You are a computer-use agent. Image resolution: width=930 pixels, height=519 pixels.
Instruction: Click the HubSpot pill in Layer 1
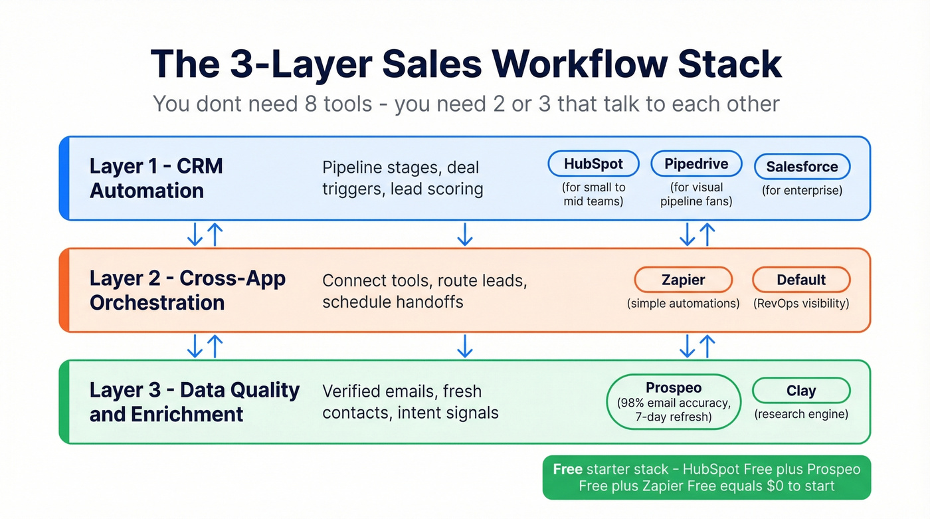coord(593,164)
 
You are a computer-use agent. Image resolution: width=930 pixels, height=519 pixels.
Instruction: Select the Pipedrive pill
coord(696,164)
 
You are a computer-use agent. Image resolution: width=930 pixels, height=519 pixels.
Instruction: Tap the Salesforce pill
coord(802,167)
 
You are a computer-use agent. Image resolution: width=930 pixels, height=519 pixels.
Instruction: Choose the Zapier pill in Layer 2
coord(683,280)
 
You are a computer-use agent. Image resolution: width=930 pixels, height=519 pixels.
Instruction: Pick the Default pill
coord(800,280)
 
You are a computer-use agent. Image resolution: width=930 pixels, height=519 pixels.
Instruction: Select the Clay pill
coord(800,391)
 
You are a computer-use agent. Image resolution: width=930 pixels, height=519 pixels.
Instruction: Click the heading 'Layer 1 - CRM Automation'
coord(155,178)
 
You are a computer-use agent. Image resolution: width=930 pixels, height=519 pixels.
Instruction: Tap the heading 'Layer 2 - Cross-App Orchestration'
coord(187,290)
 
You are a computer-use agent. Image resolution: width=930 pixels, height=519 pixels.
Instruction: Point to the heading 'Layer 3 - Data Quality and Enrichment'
coord(194,402)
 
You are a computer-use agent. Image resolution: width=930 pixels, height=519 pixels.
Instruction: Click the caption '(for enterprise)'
coord(802,191)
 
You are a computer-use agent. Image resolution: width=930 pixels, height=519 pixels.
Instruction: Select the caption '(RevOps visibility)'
coord(800,304)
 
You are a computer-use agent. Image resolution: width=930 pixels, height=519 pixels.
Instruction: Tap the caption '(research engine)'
coord(800,415)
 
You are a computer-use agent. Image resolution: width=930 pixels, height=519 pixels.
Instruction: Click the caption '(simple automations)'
coord(683,304)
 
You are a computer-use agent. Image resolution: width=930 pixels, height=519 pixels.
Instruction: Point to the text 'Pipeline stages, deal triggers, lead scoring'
coord(402,178)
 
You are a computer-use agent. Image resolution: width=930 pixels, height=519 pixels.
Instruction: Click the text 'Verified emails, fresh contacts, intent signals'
coord(410,402)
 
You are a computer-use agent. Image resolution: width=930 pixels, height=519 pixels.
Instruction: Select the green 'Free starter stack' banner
coord(706,477)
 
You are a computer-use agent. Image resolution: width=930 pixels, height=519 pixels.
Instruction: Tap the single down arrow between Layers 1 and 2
coord(464,234)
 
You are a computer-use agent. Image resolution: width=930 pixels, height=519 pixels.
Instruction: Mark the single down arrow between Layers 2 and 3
coord(464,346)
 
